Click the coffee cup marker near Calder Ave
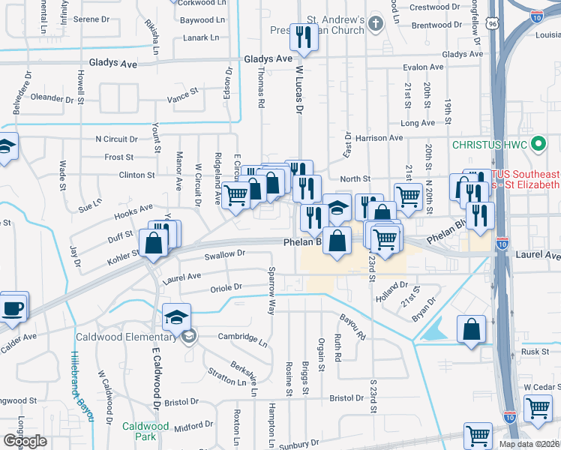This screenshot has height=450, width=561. pos(13,307)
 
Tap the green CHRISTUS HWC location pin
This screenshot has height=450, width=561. pos(537,143)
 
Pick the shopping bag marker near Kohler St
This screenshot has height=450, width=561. pos(153,243)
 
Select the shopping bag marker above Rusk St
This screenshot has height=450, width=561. pos(471,330)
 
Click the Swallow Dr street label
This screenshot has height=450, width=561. pos(225,255)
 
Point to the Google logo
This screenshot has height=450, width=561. pos(25,441)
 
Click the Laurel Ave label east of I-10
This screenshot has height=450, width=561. pos(538,256)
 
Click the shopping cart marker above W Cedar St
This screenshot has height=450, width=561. pos(538,409)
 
